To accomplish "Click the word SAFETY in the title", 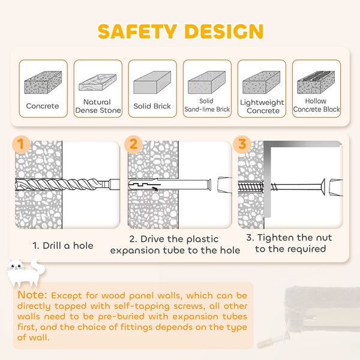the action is tap(137, 31).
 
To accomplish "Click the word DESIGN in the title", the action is tap(224, 31).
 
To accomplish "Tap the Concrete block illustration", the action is tap(43, 82).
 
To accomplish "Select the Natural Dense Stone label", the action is tap(98, 106).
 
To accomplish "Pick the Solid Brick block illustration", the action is tap(152, 82).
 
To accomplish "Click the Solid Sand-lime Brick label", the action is tap(207, 105).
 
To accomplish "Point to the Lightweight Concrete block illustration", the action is tap(262, 82).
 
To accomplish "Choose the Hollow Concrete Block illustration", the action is tap(316, 82).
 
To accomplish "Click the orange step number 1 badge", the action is tap(21, 145).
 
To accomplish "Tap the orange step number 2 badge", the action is tap(133, 145).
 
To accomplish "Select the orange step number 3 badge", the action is tap(242, 145).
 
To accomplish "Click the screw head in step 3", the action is tap(323, 187).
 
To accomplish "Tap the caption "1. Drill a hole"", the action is tap(63, 245).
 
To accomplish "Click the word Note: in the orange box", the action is tap(32, 295).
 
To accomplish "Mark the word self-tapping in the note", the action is tap(141, 307).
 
